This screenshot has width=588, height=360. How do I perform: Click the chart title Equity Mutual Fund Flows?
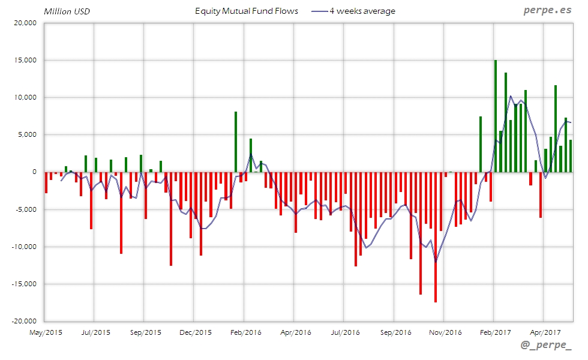pos(247,11)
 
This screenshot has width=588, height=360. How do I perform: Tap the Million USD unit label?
pos(67,11)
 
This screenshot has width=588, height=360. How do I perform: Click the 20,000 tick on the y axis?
pos(25,23)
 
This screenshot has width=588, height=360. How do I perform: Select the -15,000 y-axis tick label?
pos(24,284)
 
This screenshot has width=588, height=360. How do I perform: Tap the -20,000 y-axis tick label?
pos(24,321)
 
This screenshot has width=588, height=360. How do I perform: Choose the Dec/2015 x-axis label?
pos(195,332)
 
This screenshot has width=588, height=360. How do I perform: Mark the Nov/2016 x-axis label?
pos(445,332)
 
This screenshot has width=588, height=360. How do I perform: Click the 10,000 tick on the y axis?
pos(25,97)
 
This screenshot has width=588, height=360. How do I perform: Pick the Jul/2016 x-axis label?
pos(345,332)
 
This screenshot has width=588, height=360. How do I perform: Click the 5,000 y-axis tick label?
pos(27,134)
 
